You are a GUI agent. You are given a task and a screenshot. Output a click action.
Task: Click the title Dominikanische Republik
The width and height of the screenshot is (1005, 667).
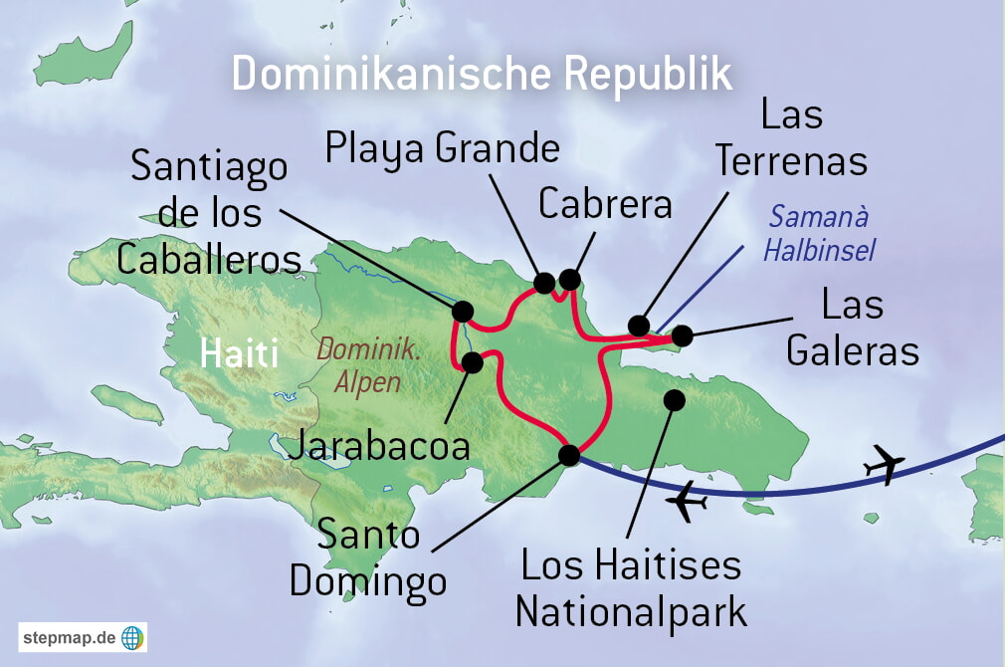pyautogui.click(x=482, y=76)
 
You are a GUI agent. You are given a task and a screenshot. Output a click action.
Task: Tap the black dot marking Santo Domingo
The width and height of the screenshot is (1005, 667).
pyautogui.click(x=569, y=455)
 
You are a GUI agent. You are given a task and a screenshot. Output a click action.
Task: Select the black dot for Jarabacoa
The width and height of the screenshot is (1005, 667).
pyautogui.click(x=473, y=362)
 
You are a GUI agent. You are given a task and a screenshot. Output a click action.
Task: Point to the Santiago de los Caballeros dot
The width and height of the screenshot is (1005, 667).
pyautogui.click(x=463, y=311)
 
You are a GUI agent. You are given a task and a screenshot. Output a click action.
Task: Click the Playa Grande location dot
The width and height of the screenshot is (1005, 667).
pyautogui.click(x=544, y=283)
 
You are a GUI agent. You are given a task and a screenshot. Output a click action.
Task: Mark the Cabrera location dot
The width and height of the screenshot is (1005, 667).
pyautogui.click(x=569, y=279)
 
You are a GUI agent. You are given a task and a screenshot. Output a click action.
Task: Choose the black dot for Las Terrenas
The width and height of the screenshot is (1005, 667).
pyautogui.click(x=640, y=326)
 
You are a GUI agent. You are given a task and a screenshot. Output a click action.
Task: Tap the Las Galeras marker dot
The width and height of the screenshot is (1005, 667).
pyautogui.click(x=682, y=335)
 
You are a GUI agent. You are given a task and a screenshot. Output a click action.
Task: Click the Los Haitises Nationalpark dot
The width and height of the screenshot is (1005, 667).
pyautogui.click(x=675, y=400)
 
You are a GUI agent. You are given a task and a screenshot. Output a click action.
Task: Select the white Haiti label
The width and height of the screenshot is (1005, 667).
pyautogui.click(x=239, y=353)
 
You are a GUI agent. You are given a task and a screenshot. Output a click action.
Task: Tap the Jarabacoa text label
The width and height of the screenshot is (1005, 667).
pyautogui.click(x=378, y=445)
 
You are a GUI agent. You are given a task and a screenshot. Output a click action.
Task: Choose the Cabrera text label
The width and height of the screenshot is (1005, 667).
pyautogui.click(x=605, y=203)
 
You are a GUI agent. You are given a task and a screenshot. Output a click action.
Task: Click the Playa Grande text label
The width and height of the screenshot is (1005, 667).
pyautogui.click(x=443, y=148)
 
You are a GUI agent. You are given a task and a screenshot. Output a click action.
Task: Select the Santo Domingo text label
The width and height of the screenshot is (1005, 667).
pyautogui.click(x=368, y=557)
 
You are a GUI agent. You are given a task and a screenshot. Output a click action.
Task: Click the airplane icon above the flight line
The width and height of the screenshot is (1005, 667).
pyautogui.click(x=884, y=464)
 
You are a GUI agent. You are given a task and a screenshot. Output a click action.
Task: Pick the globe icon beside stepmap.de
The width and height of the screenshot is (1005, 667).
pyautogui.click(x=131, y=637)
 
